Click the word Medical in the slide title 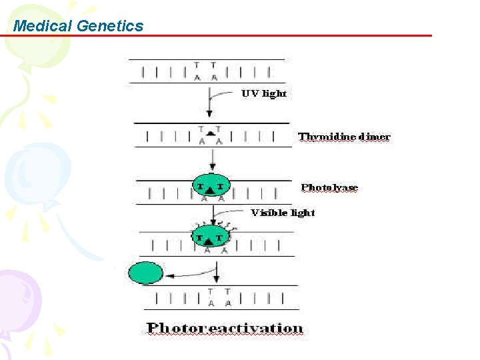point(43,26)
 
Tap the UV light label point(264,93)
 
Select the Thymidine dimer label point(344,137)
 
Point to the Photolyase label point(329,187)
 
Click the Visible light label point(283,213)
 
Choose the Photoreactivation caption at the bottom point(225,328)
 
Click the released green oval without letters point(145,273)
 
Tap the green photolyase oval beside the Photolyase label point(209,186)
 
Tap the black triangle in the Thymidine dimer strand point(210,134)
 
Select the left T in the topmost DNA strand point(197,65)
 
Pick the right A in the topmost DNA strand point(213,77)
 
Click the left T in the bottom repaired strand point(211,292)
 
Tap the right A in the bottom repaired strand point(228,303)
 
